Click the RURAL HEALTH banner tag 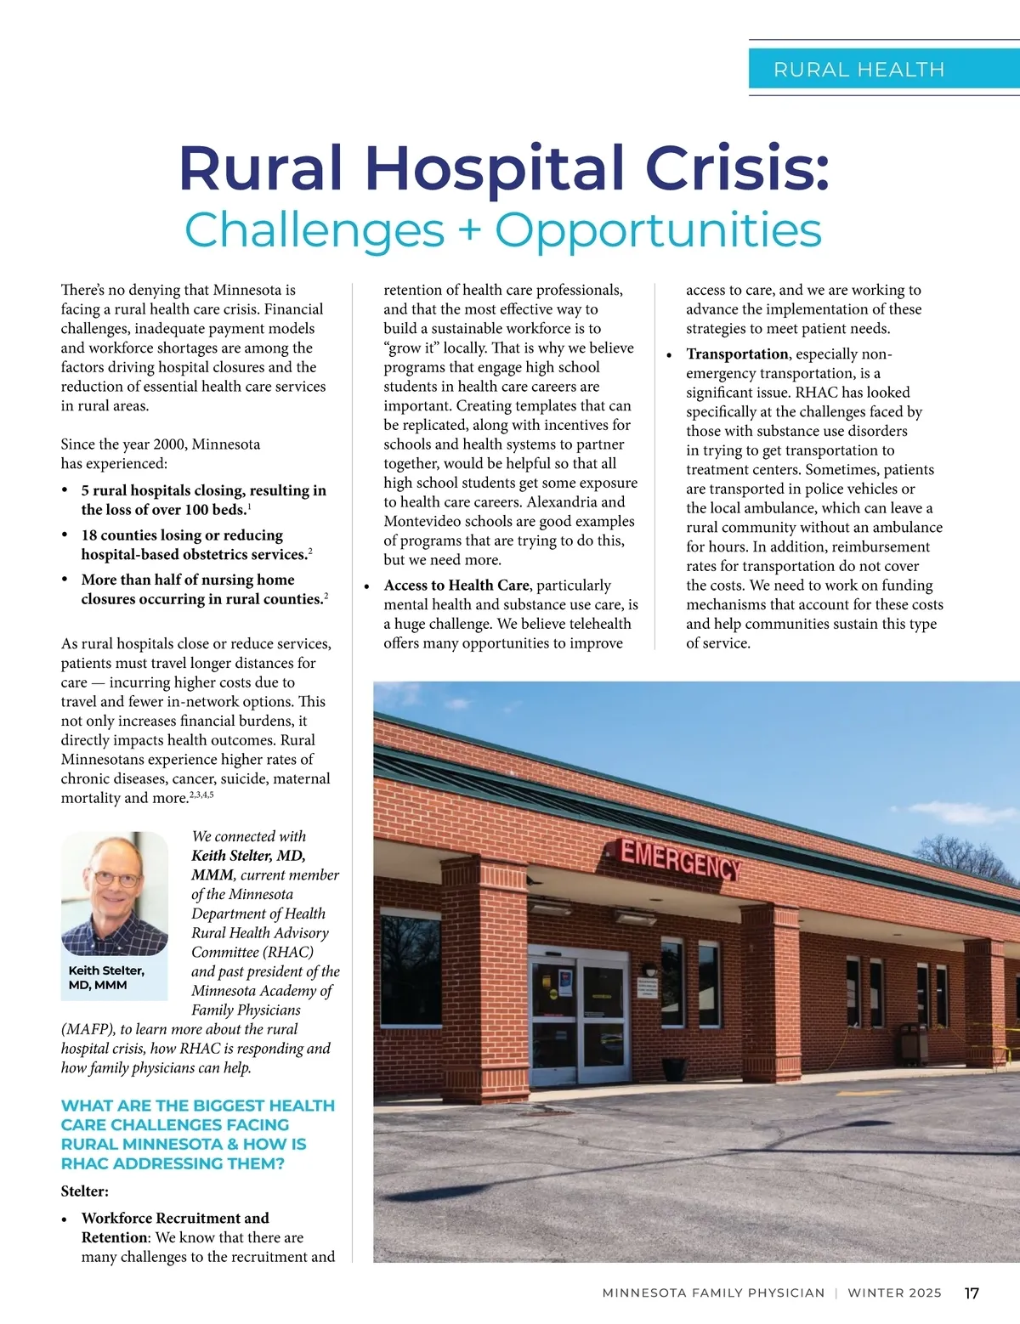click(x=858, y=69)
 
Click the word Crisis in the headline click(x=739, y=167)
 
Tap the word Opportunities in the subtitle click(x=658, y=230)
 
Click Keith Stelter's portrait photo click(x=115, y=893)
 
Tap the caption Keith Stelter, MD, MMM click(x=106, y=977)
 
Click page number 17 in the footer click(x=972, y=1293)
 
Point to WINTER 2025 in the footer click(x=894, y=1293)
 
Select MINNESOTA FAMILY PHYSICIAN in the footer click(x=713, y=1293)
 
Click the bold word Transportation click(x=737, y=354)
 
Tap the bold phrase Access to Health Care click(x=456, y=586)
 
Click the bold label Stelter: click(x=85, y=1191)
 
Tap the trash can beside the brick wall click(x=914, y=1043)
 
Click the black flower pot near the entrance click(x=673, y=1068)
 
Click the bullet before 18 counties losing click(x=65, y=535)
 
